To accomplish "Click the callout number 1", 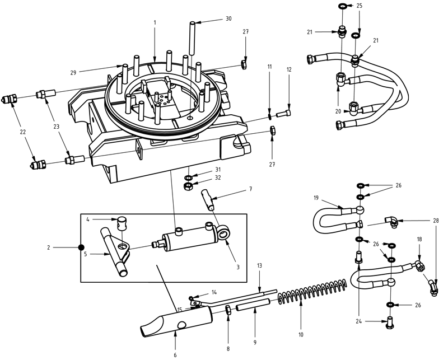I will tap(155, 22).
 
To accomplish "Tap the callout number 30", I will tap(228, 19).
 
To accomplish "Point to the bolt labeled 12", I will tap(283, 115).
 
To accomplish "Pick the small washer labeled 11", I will tap(269, 116).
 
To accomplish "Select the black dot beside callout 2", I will tap(81, 247).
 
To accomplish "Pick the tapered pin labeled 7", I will tap(209, 199).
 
